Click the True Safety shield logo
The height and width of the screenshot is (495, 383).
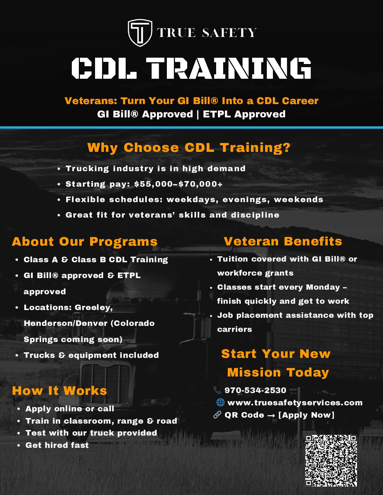click(x=140, y=33)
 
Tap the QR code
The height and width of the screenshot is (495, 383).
click(x=331, y=461)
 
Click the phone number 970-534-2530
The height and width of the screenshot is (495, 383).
click(x=255, y=390)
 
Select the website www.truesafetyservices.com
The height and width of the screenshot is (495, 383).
click(x=295, y=403)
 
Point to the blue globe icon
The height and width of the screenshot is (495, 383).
click(x=220, y=403)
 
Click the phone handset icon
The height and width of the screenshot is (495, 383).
click(x=217, y=390)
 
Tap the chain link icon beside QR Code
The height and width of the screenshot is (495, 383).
click(x=217, y=415)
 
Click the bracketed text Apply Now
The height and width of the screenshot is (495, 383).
click(x=306, y=415)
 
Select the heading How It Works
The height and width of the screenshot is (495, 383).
click(x=59, y=391)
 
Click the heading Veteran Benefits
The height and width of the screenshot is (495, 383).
click(x=283, y=241)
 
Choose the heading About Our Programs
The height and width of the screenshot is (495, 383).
click(x=84, y=242)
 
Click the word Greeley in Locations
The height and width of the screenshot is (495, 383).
click(x=94, y=308)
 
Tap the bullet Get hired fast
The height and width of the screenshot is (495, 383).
click(x=57, y=445)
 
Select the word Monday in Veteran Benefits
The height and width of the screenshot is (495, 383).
click(x=323, y=287)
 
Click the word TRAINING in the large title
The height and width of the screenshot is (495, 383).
click(x=228, y=68)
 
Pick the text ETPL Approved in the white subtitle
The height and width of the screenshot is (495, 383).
click(x=244, y=114)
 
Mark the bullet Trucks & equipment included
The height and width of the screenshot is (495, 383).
click(x=91, y=355)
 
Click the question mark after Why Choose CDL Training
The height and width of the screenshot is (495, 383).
click(x=287, y=148)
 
